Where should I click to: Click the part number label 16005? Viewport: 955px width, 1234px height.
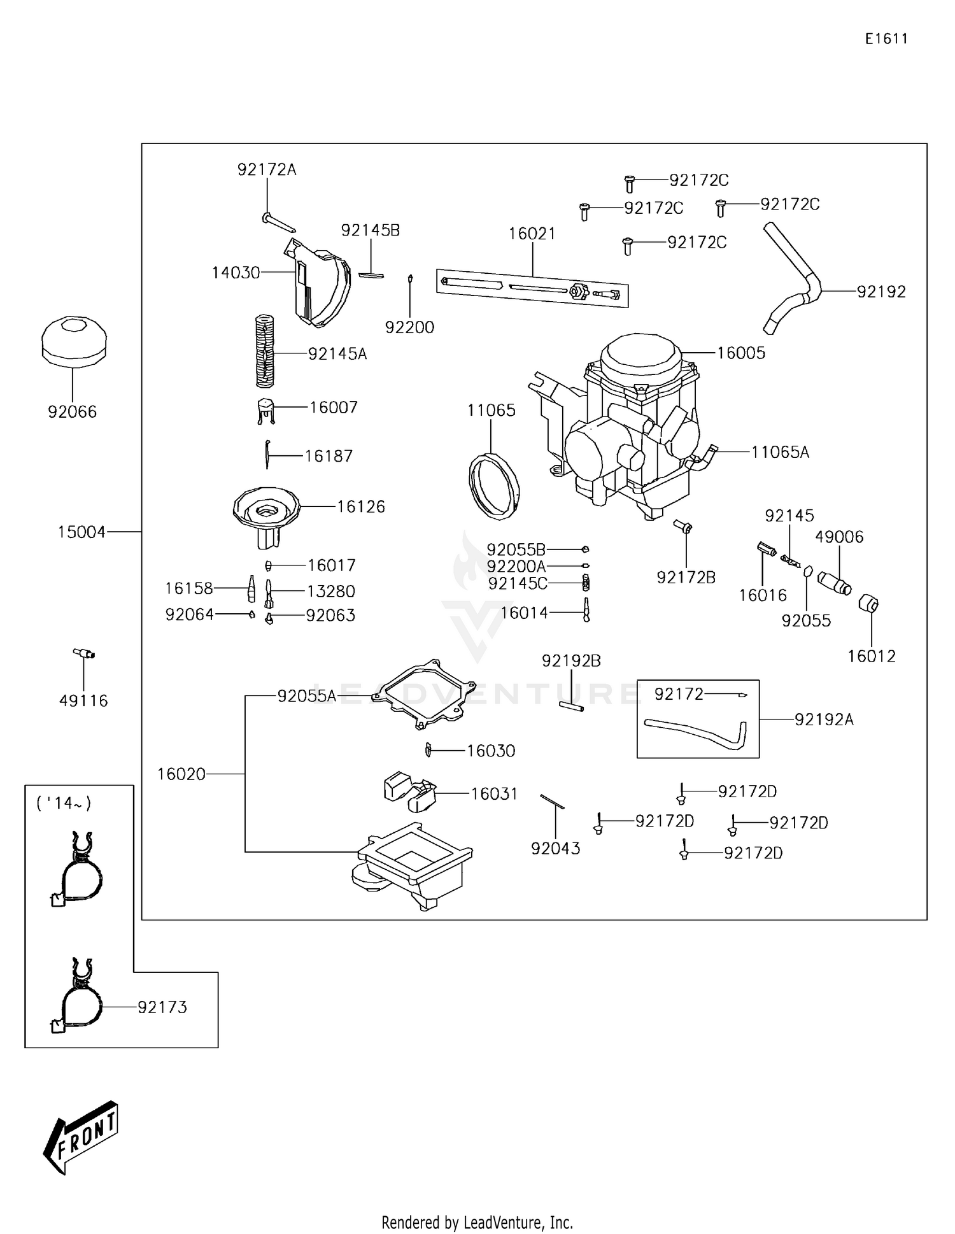[x=740, y=353]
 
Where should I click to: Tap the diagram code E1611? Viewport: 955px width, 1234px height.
[x=886, y=39]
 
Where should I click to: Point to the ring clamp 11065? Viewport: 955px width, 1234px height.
[x=493, y=483]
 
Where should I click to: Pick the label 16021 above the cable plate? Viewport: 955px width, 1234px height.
[x=532, y=234]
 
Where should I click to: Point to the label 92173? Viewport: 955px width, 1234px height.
[x=162, y=1007]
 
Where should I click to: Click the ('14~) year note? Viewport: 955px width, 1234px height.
[x=64, y=803]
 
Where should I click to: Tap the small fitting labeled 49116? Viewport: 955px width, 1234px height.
[x=83, y=653]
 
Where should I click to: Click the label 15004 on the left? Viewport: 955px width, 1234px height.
[x=81, y=532]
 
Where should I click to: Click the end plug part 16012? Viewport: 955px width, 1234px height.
[x=869, y=603]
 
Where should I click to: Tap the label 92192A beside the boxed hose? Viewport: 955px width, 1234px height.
[x=823, y=720]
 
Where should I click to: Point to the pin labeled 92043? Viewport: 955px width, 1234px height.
[x=552, y=802]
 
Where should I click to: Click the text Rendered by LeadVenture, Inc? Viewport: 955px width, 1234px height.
[x=477, y=1222]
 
